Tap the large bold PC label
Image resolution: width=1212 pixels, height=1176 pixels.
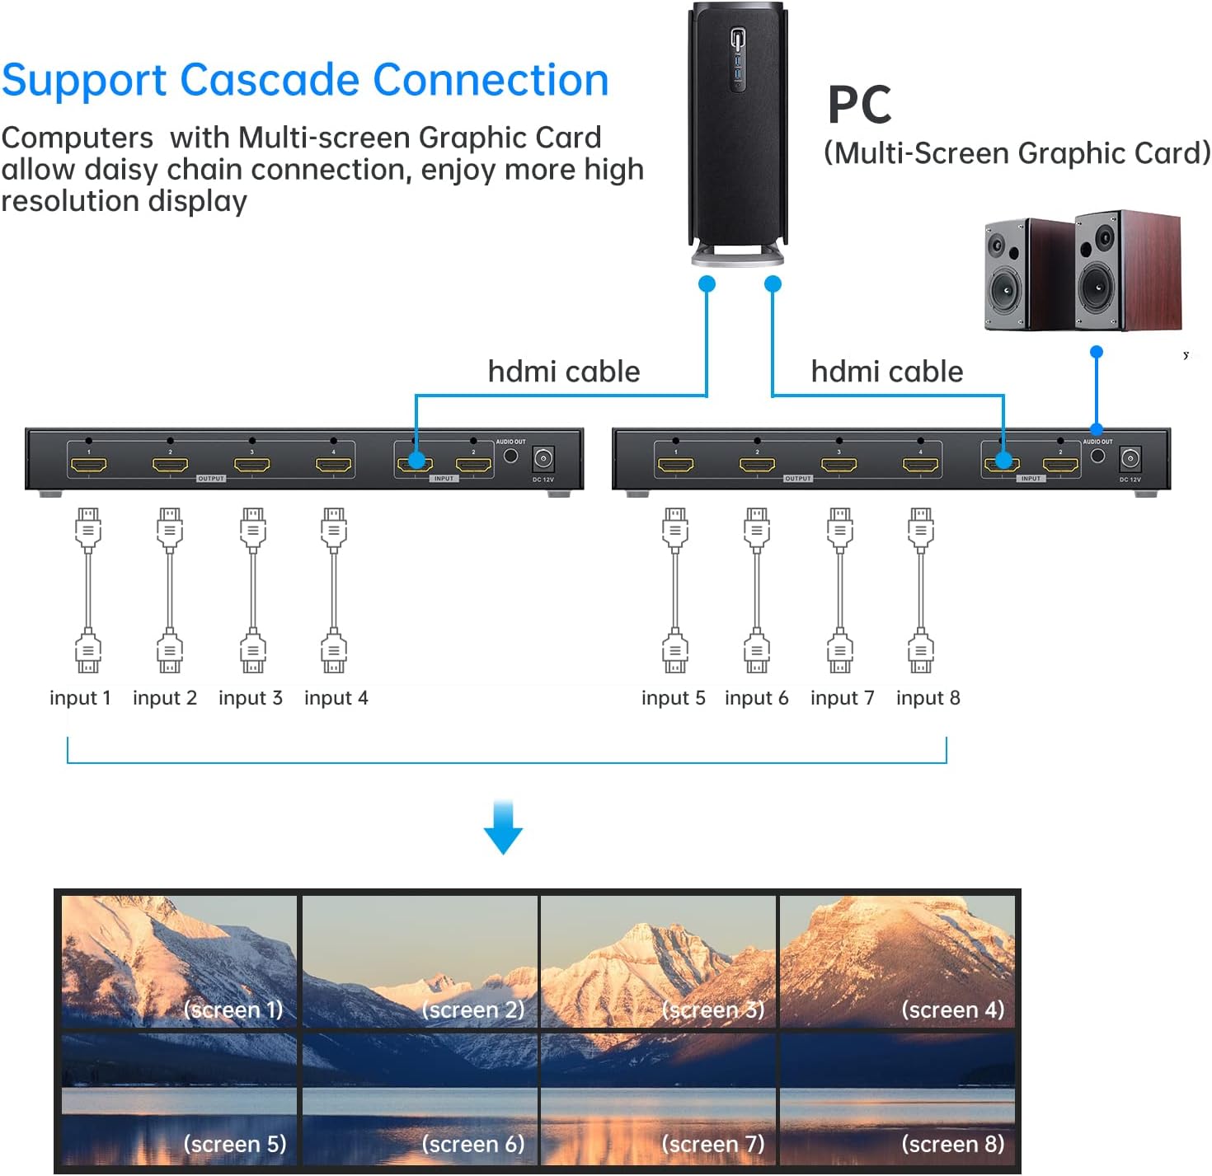(859, 105)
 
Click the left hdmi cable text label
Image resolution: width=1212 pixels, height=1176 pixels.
(563, 372)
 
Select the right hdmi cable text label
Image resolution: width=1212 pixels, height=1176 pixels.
(886, 372)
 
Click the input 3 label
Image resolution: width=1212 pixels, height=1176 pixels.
(250, 698)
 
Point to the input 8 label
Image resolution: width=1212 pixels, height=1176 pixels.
(928, 698)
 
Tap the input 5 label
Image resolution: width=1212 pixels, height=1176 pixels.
(673, 698)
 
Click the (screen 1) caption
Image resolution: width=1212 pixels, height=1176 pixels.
(233, 1010)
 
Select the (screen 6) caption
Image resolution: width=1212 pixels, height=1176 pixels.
(472, 1144)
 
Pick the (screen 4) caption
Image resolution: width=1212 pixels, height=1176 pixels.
(952, 1010)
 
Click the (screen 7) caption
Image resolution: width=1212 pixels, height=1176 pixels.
(712, 1144)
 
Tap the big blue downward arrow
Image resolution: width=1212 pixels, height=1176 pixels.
(503, 827)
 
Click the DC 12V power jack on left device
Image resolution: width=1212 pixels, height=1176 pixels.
(543, 459)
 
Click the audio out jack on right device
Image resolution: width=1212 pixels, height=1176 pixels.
(1097, 455)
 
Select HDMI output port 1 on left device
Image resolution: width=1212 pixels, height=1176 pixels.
(88, 465)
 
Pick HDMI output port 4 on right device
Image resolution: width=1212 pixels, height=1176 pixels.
(920, 465)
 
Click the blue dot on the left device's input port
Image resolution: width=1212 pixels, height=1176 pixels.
(416, 461)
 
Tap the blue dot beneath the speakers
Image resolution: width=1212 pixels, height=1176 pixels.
(1096, 352)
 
